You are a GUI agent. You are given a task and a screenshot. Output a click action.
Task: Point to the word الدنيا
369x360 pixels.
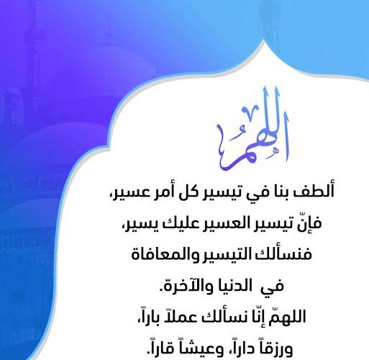pyautogui.click(x=234, y=286)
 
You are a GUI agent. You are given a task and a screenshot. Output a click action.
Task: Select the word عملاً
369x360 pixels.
pyautogui.click(x=178, y=316)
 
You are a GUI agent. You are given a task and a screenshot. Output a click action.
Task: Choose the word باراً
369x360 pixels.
pyautogui.click(x=150, y=316)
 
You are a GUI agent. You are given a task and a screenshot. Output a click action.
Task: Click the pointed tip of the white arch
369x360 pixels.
pyautogui.click(x=264, y=41)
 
